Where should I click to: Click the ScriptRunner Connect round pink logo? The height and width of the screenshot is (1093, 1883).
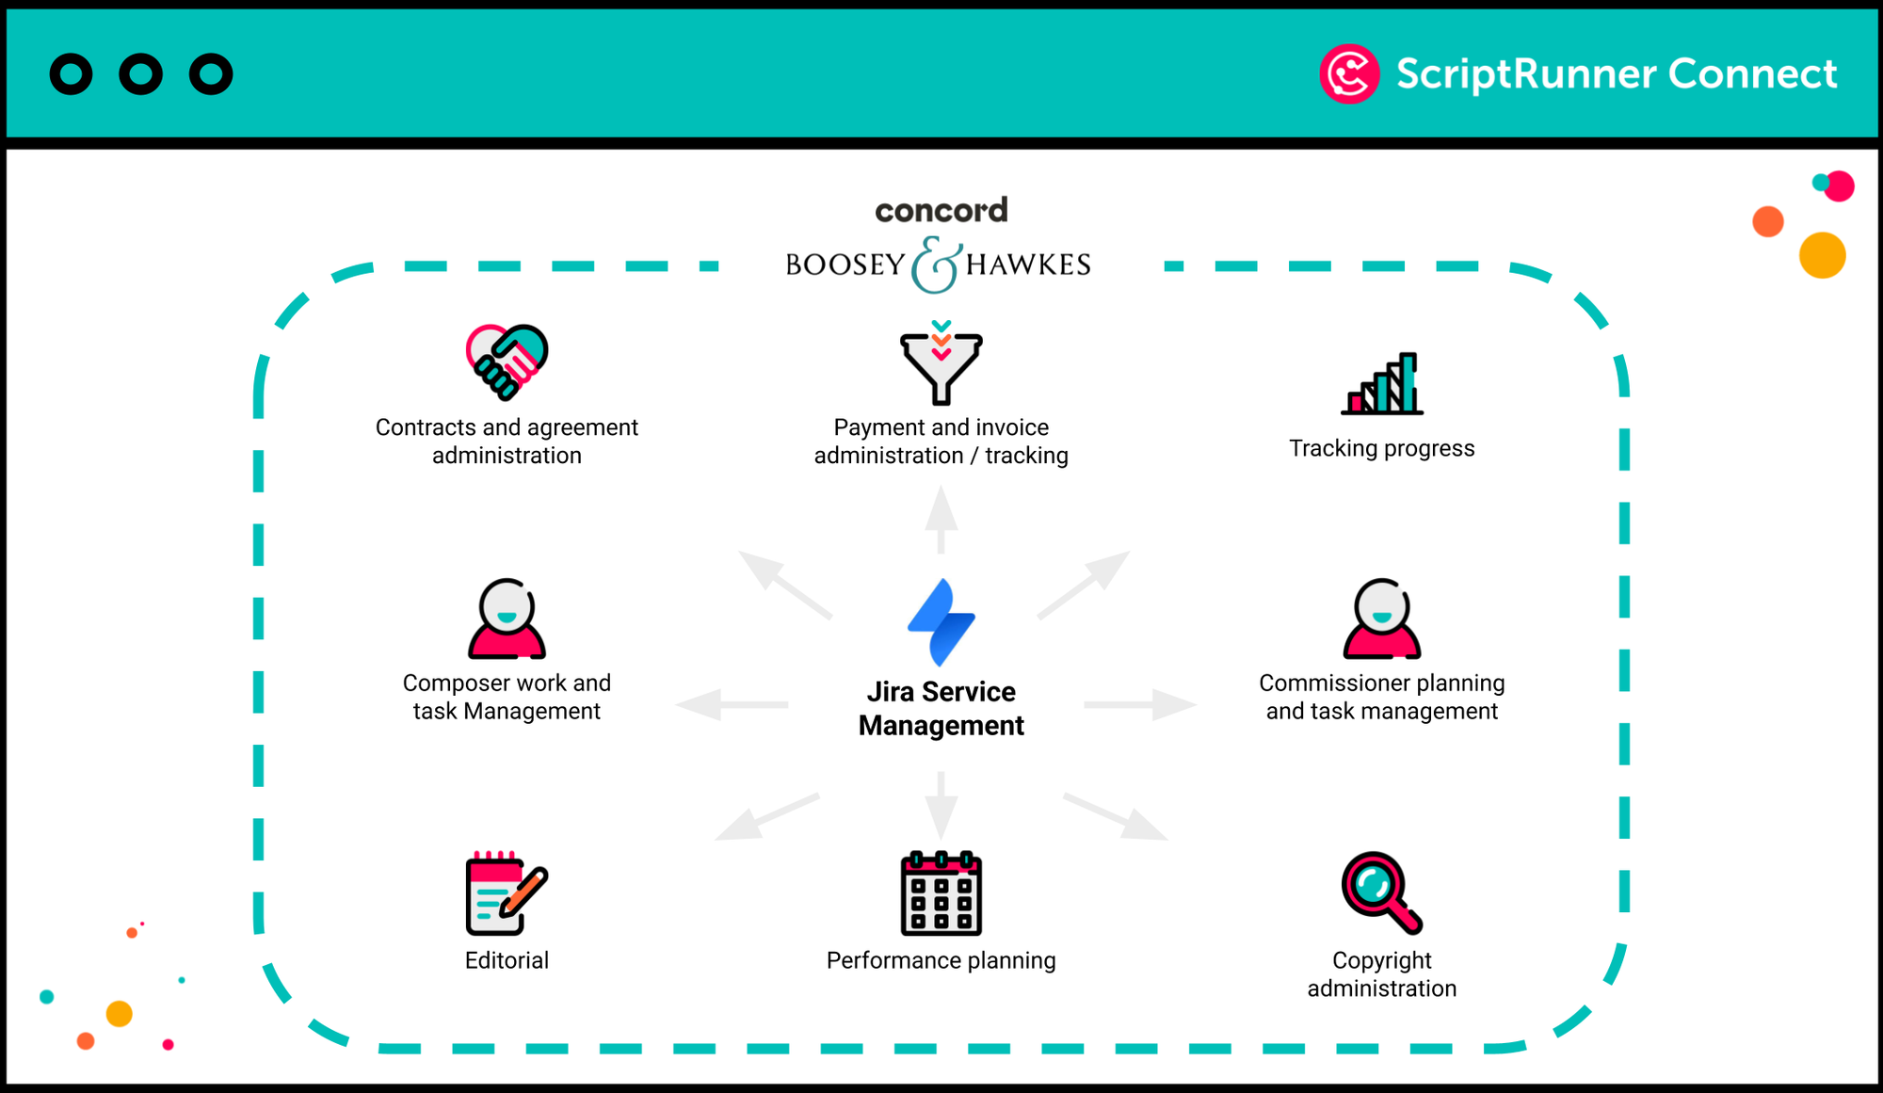click(1348, 74)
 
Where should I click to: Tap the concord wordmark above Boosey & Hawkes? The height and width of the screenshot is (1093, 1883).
click(941, 210)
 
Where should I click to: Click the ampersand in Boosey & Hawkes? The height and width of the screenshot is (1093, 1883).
click(936, 265)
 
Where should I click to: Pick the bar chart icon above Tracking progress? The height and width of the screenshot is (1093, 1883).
click(1382, 384)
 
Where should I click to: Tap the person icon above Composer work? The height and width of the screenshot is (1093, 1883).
click(507, 619)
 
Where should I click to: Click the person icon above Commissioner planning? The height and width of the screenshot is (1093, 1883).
click(1381, 619)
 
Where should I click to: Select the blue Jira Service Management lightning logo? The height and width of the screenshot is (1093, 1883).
click(941, 622)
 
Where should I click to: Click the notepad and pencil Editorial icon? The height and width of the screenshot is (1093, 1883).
click(506, 893)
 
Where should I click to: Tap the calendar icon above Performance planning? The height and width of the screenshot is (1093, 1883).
click(941, 893)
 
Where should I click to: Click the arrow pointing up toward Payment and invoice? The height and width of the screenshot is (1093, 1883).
click(941, 519)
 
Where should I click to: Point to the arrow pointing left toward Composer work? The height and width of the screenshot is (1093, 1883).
click(732, 704)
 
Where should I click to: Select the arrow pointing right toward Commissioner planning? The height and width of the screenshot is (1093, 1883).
click(1140, 704)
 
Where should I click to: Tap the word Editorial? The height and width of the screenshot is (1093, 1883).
click(507, 960)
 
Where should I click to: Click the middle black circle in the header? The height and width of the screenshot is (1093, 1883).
click(141, 74)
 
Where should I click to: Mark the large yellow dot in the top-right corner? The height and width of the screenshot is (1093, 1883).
click(1822, 255)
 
